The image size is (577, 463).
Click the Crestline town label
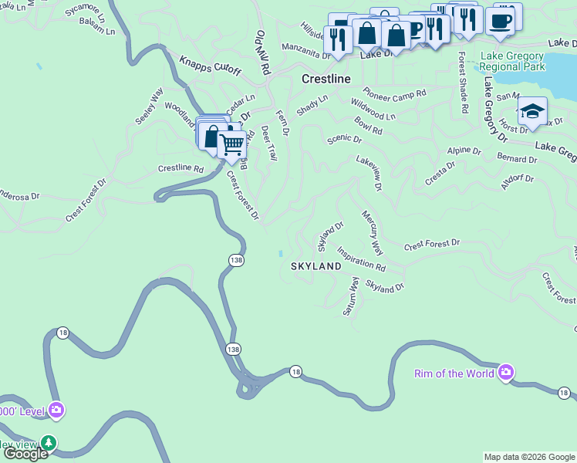coord(326,79)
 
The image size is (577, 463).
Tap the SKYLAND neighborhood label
coord(315,266)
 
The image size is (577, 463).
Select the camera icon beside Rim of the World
coord(505,373)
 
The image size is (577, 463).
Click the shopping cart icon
coord(231,144)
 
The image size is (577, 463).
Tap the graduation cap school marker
coord(531,111)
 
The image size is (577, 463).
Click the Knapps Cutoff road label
coord(210,66)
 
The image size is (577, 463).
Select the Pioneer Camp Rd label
coord(394,93)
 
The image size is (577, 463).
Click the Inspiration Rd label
coord(360,258)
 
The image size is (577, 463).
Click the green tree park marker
coord(49,442)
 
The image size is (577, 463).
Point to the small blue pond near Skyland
coord(280,254)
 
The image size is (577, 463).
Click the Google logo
coord(25,454)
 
